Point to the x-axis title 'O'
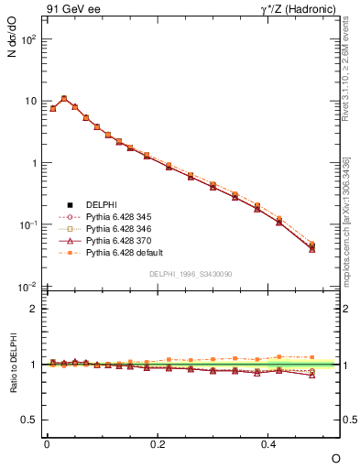click(334, 458)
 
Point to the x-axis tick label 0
click(47, 443)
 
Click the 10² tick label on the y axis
click(27, 39)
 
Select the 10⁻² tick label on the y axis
click(27, 287)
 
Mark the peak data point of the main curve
click(64, 98)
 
